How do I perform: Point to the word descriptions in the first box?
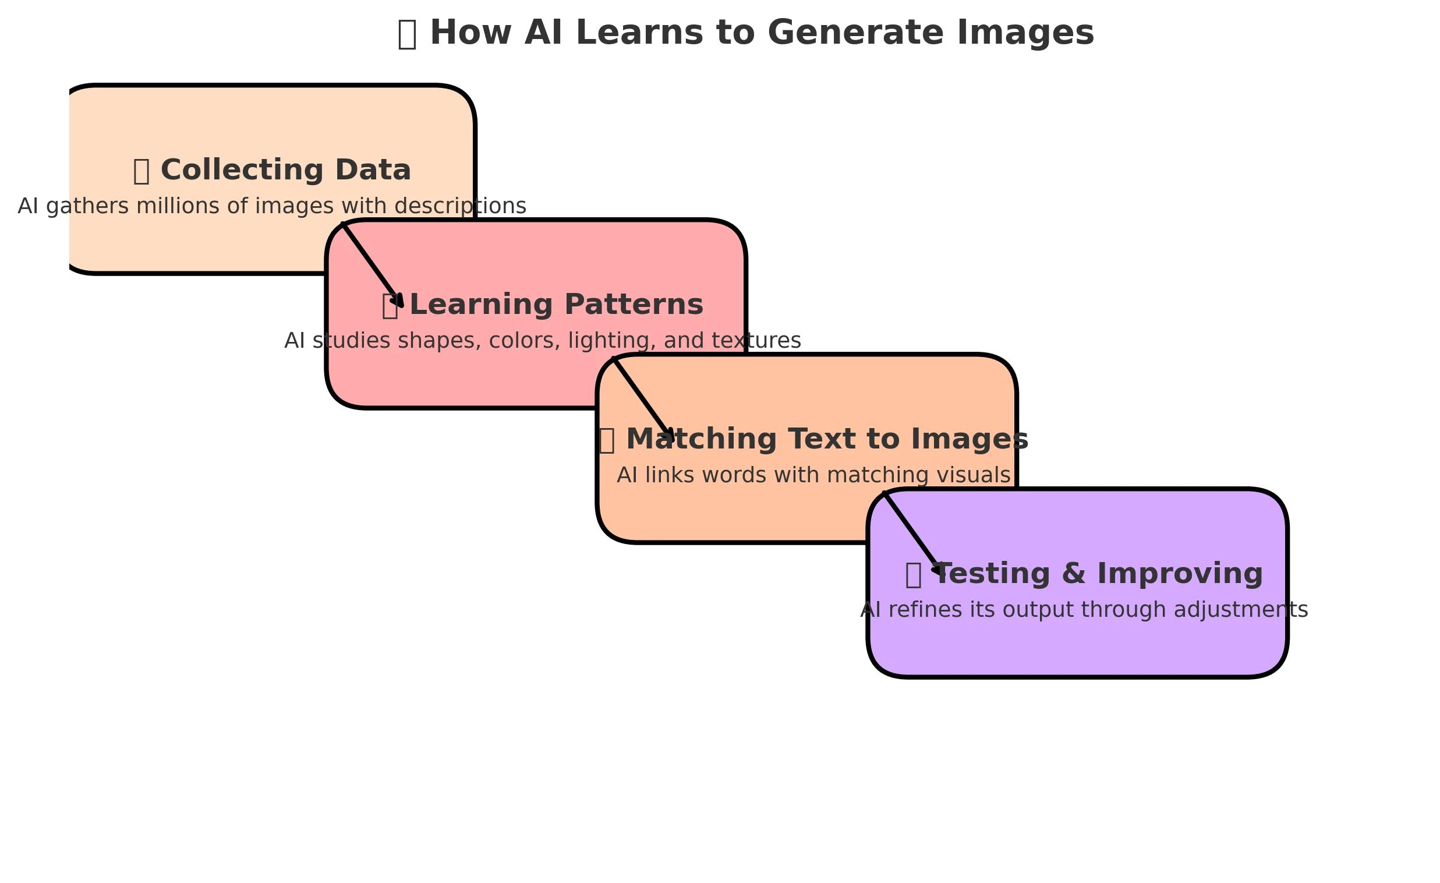[x=461, y=206]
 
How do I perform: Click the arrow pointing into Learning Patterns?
[x=372, y=264]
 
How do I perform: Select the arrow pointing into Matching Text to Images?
[x=643, y=399]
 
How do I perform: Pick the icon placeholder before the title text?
[x=407, y=34]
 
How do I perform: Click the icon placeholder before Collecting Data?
[x=141, y=171]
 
